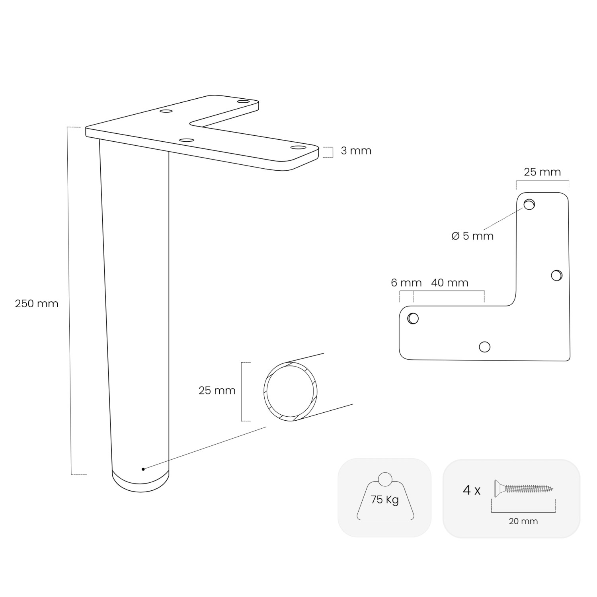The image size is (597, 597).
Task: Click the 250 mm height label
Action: [x=37, y=304]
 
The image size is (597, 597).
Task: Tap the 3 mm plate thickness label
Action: [x=356, y=151]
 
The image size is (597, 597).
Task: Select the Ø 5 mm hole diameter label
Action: [x=472, y=236]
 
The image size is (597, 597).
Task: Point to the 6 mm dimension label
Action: [x=406, y=283]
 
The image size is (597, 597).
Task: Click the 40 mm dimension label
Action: [x=449, y=283]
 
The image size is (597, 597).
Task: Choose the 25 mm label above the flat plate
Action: [x=542, y=172]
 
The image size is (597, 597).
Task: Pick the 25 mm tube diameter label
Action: [x=217, y=390]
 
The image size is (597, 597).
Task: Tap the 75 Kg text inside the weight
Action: [x=384, y=499]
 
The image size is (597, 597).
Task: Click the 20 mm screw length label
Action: [x=523, y=521]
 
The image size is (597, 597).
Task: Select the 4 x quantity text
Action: [x=471, y=490]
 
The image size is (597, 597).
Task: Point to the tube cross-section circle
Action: [x=291, y=392]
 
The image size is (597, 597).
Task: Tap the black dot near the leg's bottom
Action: [x=143, y=469]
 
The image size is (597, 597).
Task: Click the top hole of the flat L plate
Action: [x=529, y=205]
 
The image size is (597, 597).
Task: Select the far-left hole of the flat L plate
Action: [x=413, y=318]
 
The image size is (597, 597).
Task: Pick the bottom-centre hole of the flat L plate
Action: [x=484, y=347]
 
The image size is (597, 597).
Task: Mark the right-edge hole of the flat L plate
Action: [x=556, y=275]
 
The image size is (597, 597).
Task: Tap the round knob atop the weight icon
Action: [x=385, y=479]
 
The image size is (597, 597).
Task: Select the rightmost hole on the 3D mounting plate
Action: [x=297, y=148]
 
